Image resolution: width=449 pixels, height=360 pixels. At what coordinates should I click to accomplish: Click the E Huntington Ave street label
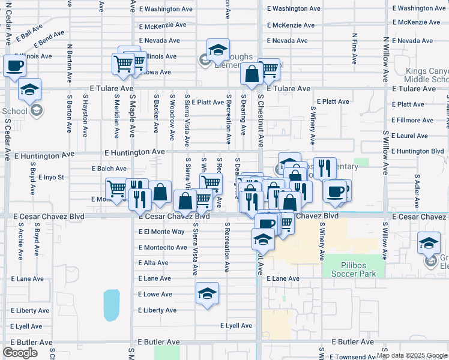(x=134, y=153)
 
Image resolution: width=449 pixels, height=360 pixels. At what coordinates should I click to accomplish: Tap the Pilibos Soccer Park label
(x=354, y=274)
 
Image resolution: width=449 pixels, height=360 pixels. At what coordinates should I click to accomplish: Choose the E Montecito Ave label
(x=163, y=247)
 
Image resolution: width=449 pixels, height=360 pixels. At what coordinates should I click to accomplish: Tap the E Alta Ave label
(x=153, y=263)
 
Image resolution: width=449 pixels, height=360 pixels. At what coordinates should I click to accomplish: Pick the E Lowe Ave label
(x=155, y=295)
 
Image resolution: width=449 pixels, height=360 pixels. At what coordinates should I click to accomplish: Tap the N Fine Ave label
(x=355, y=51)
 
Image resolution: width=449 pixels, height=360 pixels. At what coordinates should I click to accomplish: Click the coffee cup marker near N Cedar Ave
(x=14, y=66)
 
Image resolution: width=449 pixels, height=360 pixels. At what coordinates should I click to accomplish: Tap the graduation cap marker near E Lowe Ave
(x=207, y=293)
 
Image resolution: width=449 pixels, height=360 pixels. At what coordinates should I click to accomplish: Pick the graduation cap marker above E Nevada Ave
(x=218, y=50)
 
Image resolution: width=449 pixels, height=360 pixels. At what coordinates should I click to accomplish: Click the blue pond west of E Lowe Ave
(x=111, y=305)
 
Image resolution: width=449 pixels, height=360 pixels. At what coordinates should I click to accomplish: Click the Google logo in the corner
(x=20, y=353)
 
